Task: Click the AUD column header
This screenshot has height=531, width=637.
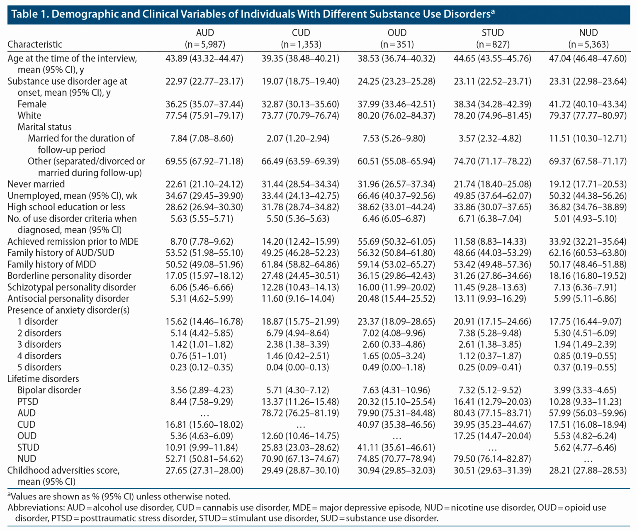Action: coord(204,33)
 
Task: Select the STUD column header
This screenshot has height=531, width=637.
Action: coord(492,33)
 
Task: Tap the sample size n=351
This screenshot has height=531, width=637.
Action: coord(397,44)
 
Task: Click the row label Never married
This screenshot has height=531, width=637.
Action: coord(36,184)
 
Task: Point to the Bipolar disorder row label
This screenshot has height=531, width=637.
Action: coord(49,390)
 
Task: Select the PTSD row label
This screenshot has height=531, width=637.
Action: coord(28,402)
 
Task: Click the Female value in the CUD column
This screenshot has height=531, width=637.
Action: coord(300,104)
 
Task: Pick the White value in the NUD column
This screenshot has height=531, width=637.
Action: coord(588,115)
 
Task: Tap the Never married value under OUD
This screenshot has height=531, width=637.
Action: coord(396,184)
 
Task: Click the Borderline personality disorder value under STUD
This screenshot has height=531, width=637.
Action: coord(492,276)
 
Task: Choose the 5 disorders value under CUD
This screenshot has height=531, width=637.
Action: coord(297,367)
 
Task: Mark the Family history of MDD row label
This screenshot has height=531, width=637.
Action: coord(51,264)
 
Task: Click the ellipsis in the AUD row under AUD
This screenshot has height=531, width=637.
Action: coord(204,414)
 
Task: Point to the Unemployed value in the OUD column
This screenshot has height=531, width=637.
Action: coord(396,196)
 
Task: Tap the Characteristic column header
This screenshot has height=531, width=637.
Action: coord(35,44)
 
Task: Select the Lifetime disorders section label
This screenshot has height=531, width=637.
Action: coord(43,379)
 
